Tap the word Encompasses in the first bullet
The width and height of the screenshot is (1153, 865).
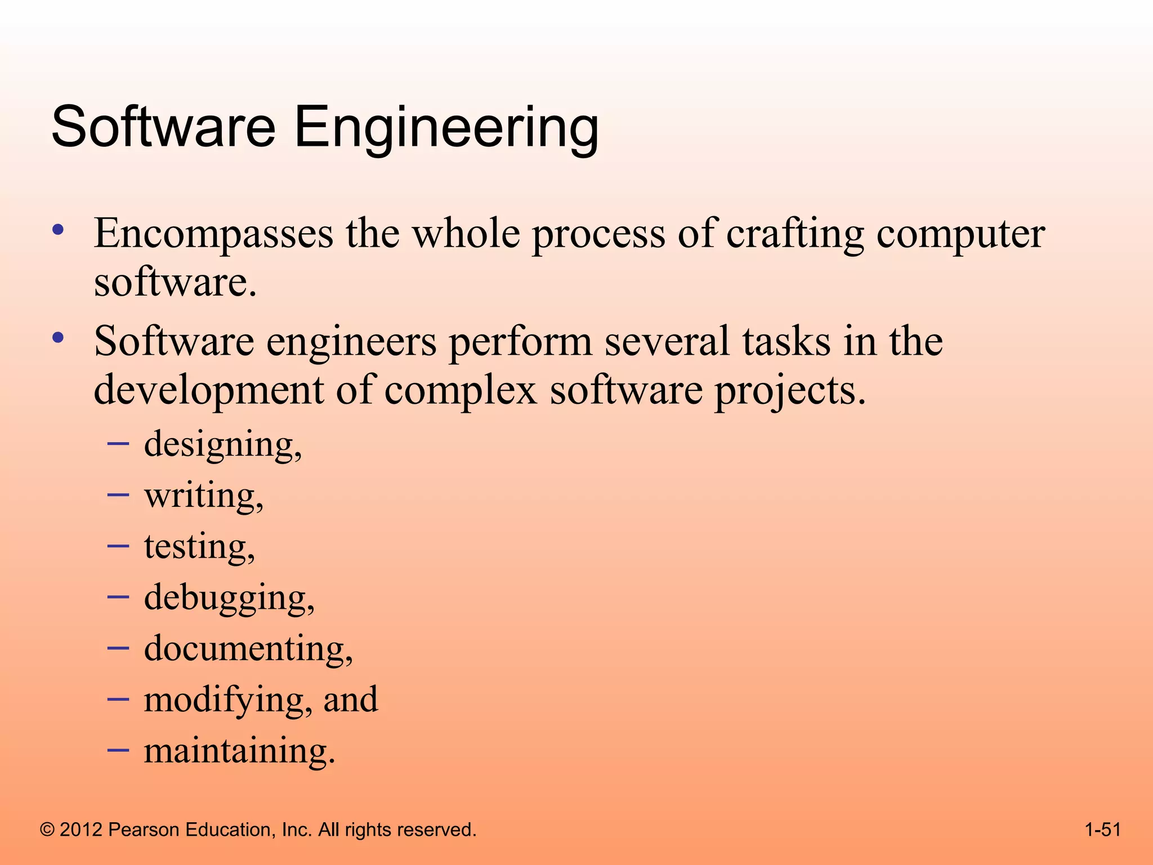point(213,234)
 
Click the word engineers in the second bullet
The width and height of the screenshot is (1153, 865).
point(351,342)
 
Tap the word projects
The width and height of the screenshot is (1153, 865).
point(790,391)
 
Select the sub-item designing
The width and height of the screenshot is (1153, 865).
point(223,445)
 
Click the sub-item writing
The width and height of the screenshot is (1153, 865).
point(204,496)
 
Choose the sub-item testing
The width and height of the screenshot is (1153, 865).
point(199,547)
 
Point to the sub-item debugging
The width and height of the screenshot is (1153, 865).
point(229,598)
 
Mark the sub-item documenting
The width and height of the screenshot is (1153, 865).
point(248,649)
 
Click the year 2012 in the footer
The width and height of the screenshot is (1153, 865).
point(81,830)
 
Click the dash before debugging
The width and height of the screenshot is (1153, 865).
point(118,596)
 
